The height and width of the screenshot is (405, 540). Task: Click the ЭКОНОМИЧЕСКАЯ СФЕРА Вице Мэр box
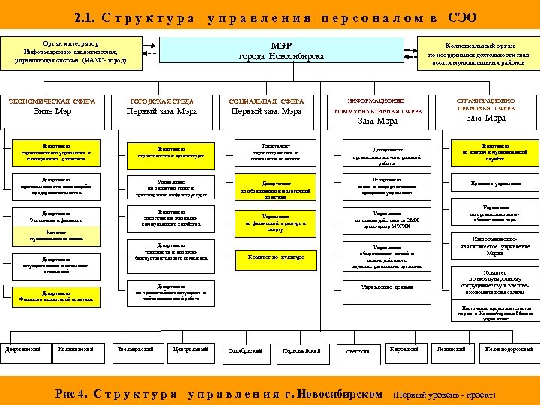click(x=52, y=107)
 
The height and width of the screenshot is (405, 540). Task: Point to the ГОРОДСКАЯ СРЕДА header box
click(x=162, y=107)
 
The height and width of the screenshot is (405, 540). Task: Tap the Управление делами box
click(x=387, y=286)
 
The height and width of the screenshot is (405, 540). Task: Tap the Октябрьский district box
click(x=244, y=350)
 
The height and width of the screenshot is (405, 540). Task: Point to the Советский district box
click(x=355, y=351)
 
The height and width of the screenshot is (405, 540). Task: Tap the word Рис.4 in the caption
click(x=72, y=393)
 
